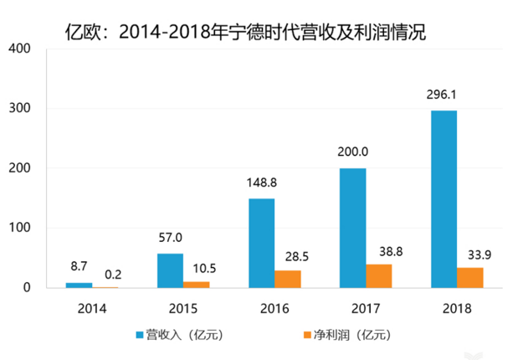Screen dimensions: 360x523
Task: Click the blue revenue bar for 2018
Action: click(x=444, y=199)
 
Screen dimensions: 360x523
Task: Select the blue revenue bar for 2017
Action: click(x=353, y=228)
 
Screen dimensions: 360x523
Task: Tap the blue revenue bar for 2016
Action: click(x=261, y=243)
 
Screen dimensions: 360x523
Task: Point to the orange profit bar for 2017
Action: click(x=379, y=276)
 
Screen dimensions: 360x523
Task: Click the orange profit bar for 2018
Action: click(x=470, y=277)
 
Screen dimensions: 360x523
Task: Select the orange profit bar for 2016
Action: click(x=288, y=279)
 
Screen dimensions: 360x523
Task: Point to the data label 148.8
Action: click(x=261, y=182)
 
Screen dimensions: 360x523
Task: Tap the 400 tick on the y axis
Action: click(x=19, y=49)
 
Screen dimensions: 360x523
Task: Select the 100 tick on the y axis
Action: click(x=19, y=229)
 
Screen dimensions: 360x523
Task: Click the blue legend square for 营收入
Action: click(x=140, y=335)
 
